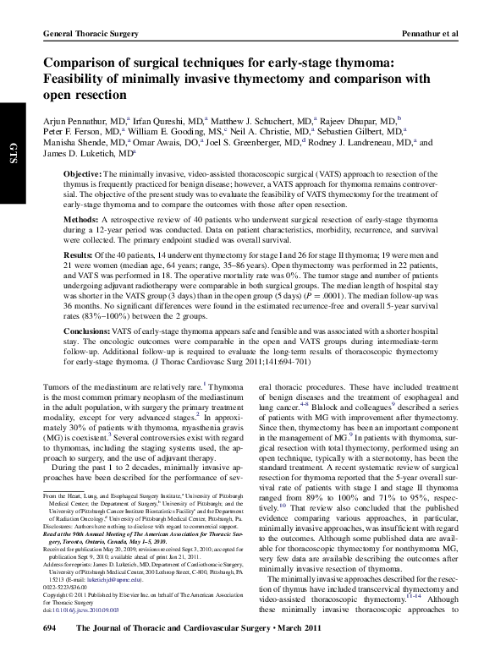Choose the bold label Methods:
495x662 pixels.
tap(82, 218)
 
